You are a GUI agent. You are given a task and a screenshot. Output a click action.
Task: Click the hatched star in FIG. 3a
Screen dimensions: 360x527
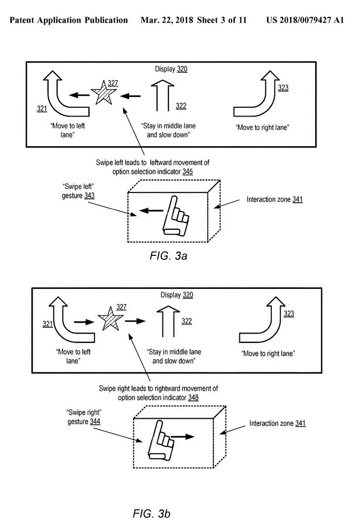[103, 93]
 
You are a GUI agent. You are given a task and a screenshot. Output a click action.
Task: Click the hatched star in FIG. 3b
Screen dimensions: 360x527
[109, 319]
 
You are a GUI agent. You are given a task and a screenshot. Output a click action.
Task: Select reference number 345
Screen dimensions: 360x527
[188, 172]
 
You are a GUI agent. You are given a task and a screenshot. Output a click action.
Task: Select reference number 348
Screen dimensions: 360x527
[193, 398]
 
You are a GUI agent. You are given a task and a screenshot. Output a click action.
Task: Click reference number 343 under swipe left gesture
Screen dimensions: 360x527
[89, 196]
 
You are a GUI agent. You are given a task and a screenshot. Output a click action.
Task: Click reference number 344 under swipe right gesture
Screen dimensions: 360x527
[95, 422]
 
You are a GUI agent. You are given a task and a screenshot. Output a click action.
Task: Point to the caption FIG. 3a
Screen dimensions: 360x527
[168, 256]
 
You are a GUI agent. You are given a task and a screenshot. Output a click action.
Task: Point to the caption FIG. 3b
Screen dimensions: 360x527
[151, 514]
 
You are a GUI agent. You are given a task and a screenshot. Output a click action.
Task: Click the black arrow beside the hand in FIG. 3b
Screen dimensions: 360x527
[183, 436]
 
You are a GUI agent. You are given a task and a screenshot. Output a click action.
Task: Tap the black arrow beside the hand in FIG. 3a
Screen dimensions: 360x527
[151, 211]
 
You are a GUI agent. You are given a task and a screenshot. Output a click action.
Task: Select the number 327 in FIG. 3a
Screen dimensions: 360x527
[113, 83]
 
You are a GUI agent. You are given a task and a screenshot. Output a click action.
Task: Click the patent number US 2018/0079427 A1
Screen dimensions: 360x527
[305, 20]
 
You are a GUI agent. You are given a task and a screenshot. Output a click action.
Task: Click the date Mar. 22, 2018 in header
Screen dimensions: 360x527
[167, 20]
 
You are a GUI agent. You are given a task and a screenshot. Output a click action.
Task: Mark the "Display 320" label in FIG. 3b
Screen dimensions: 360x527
[177, 295]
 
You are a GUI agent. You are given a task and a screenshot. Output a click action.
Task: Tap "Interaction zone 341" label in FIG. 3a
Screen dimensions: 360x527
[274, 199]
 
